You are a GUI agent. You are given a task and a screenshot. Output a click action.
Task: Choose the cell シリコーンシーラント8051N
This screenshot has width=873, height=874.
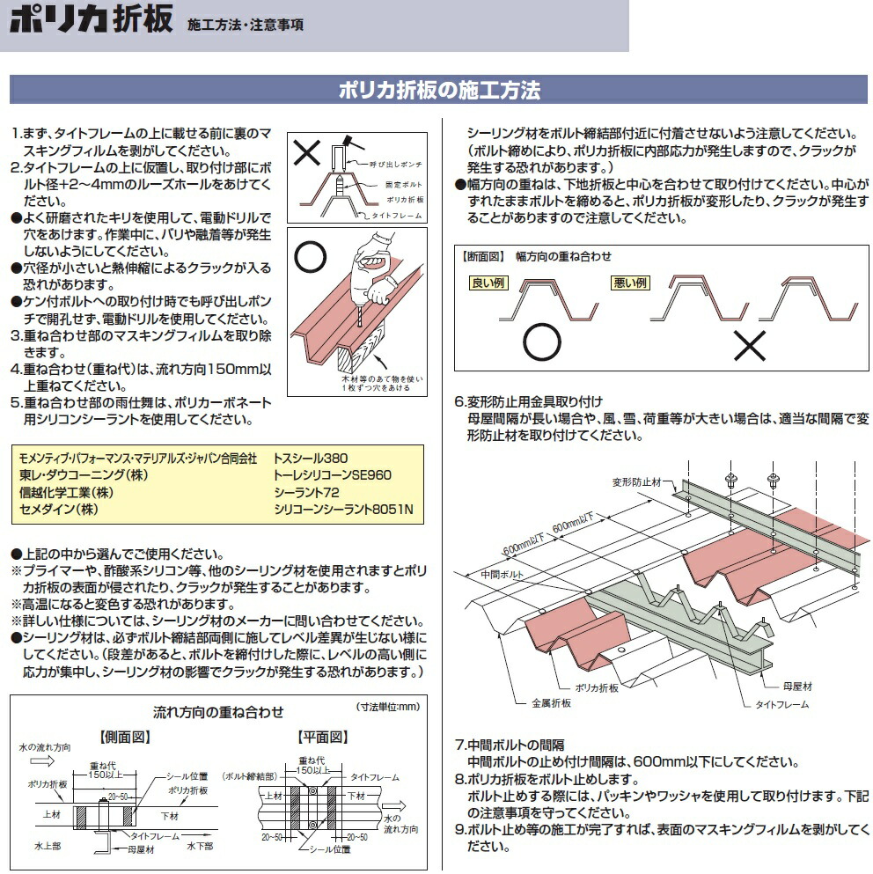click(343, 510)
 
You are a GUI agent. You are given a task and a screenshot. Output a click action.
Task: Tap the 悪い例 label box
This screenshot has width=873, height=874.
click(628, 283)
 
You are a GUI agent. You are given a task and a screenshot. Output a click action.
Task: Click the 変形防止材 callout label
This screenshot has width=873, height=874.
click(642, 482)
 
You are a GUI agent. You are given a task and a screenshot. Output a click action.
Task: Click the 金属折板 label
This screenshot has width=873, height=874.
click(552, 702)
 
